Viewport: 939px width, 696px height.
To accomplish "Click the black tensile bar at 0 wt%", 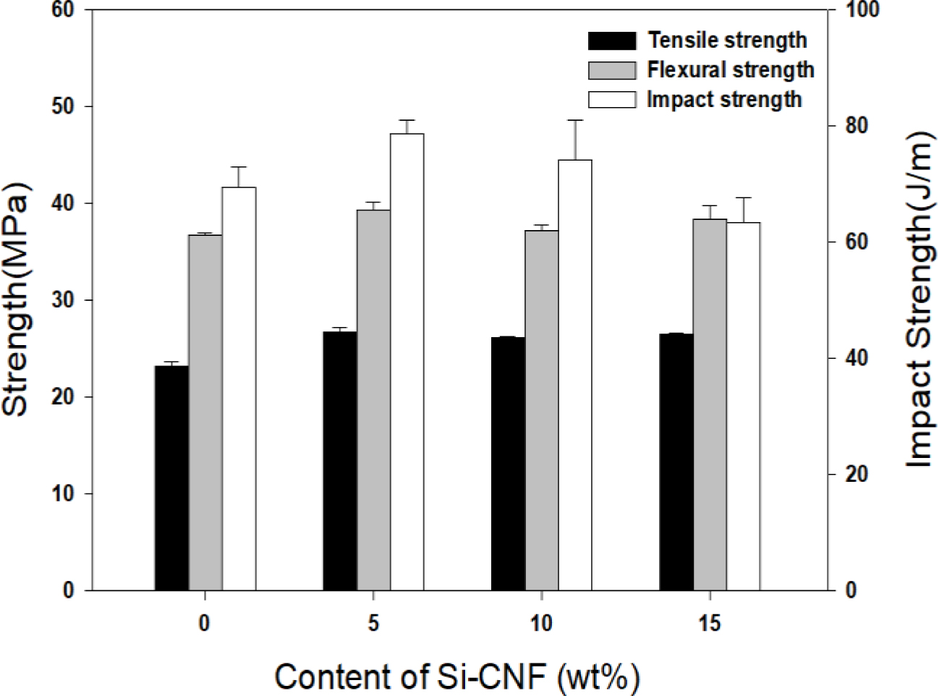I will point(171,478).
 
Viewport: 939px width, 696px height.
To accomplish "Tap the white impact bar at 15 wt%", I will point(743,406).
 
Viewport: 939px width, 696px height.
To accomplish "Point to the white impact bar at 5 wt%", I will point(407,362).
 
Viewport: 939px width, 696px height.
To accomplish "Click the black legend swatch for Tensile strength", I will point(612,41).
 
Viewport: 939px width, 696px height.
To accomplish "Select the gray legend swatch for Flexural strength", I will point(612,70).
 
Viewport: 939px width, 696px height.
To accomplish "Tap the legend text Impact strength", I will point(724,99).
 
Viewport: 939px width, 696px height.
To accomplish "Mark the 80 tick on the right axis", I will point(831,126).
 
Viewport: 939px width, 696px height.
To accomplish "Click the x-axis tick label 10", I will point(541,623).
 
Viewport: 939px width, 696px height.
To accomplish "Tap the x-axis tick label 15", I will point(710,623).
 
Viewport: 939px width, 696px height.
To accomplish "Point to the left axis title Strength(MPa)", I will point(16,297).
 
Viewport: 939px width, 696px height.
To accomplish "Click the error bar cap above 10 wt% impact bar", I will point(575,120).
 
